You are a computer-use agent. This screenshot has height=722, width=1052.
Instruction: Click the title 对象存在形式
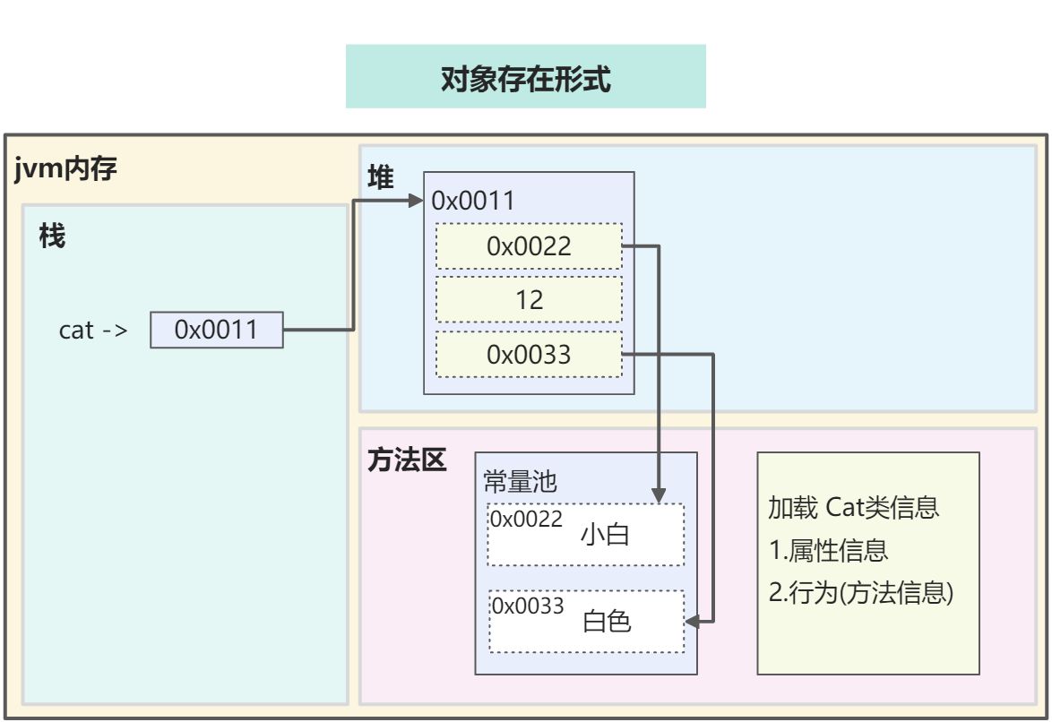[525, 79]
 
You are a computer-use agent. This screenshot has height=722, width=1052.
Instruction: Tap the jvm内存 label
[66, 168]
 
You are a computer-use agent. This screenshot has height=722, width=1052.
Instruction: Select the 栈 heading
[52, 237]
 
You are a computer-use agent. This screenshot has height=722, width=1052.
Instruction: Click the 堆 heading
[381, 177]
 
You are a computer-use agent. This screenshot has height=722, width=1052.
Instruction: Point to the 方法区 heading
[407, 460]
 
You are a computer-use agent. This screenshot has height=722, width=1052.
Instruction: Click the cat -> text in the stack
[93, 330]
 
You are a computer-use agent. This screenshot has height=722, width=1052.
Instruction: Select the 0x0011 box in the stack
[216, 330]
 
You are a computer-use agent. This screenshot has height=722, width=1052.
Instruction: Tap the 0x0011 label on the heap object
[473, 201]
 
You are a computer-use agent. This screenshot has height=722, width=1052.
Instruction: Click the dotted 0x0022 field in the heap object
[529, 246]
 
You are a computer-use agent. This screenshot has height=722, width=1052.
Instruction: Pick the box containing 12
[529, 300]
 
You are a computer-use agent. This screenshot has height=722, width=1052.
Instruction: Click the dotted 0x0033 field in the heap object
[529, 355]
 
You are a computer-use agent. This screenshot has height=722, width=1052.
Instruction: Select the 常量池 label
[521, 482]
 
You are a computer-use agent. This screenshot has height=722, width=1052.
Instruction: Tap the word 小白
[606, 535]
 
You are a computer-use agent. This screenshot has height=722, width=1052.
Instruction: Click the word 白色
[607, 621]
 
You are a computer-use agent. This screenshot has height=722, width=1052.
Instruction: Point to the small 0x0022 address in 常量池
[525, 520]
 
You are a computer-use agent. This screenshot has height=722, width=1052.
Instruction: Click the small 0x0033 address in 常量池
[527, 606]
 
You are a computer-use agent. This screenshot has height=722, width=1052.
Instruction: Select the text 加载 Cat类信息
[853, 508]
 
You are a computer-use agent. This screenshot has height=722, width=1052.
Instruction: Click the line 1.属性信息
[829, 550]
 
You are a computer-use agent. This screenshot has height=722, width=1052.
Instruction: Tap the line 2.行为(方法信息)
[860, 592]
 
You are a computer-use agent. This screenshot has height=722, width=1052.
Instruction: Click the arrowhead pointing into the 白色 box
[691, 620]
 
